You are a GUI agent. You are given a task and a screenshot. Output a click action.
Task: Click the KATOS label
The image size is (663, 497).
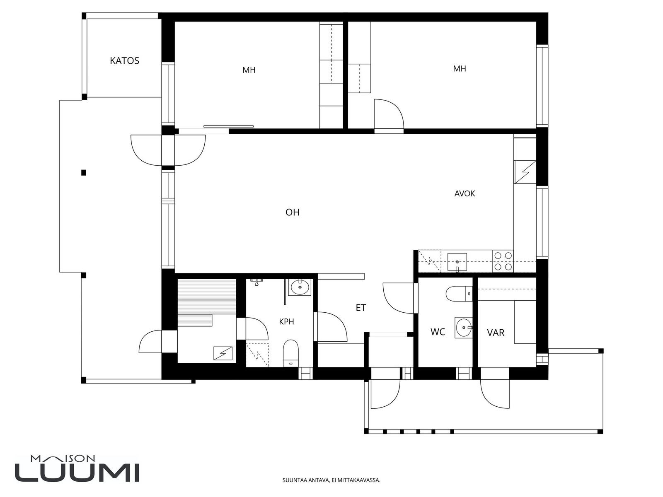coord(124,60)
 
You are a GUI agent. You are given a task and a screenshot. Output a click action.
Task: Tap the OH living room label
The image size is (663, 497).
coord(293,212)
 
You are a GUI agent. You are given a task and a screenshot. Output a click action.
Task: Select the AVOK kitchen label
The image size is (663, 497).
coord(465,194)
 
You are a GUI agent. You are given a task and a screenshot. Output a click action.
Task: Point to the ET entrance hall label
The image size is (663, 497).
coord(361,308)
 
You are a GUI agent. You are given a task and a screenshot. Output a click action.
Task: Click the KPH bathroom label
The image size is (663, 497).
coord(286,322)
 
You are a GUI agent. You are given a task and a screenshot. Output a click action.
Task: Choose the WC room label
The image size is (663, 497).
coord(438,332)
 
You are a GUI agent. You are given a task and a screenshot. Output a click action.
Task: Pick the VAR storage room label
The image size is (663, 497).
coord(496,333)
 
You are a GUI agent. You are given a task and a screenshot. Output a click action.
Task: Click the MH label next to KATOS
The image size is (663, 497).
coord(249,70)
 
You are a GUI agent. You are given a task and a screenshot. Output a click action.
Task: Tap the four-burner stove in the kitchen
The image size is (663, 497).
coord(503,261)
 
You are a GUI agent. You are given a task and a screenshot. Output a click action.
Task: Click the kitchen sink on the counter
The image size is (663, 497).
coord(457,262)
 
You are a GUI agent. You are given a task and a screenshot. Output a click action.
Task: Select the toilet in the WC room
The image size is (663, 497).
coord(459,294)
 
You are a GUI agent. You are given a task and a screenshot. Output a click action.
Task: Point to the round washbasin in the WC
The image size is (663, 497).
coord(463,328)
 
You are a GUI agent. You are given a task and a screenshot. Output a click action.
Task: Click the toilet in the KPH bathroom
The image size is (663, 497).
coord(290,353)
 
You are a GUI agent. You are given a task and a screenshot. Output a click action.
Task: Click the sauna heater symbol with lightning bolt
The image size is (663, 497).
coord(223,353)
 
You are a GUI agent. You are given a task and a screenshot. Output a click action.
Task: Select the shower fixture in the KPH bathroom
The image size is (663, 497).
coord(256,282)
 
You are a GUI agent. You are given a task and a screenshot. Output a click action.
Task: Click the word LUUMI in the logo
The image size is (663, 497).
coord(77,473)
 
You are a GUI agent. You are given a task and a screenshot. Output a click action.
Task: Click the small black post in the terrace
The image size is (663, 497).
coord(84,173)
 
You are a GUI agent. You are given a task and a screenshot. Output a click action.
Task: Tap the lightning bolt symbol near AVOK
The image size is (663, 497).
coord(525,172)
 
